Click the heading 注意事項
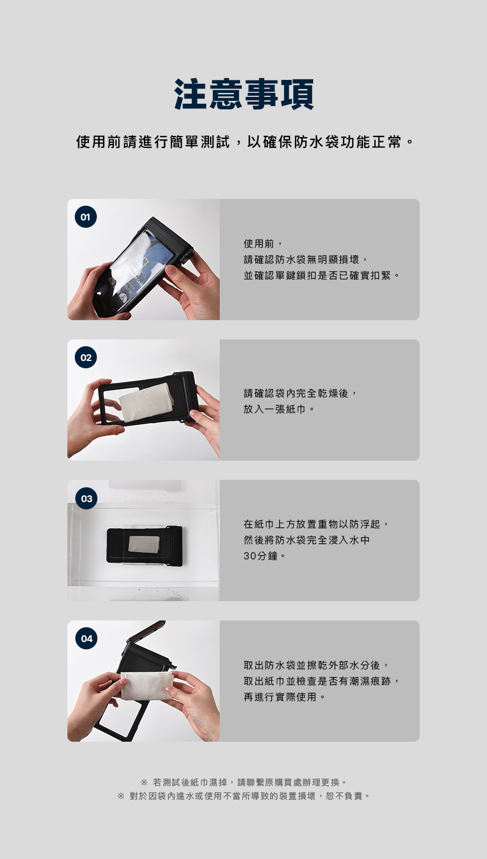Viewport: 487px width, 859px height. (x=244, y=94)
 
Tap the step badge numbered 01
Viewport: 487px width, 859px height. (x=86, y=217)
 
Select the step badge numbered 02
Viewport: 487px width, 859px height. (x=86, y=358)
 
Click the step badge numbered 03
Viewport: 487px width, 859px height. (x=86, y=498)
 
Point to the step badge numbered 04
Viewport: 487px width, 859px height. (x=86, y=639)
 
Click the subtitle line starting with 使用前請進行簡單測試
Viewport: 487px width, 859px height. (x=245, y=142)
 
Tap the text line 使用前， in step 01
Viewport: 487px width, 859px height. (x=263, y=244)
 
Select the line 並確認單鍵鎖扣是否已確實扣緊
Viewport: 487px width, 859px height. (x=322, y=275)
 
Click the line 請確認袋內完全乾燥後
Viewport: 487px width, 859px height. (x=300, y=393)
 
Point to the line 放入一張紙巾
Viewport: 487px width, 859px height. (x=279, y=409)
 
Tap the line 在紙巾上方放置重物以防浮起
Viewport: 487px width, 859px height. (x=317, y=524)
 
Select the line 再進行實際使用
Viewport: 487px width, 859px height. (x=284, y=697)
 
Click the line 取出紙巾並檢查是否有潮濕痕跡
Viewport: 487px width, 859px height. (x=322, y=681)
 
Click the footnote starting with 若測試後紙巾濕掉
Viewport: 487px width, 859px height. (x=244, y=782)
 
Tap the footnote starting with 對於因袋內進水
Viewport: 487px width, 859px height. (x=244, y=796)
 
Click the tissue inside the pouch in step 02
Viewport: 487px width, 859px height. (x=147, y=402)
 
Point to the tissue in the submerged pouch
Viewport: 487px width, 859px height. (x=144, y=544)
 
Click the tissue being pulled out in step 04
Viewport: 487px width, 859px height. (x=147, y=686)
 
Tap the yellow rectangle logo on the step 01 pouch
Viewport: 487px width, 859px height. (x=144, y=263)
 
